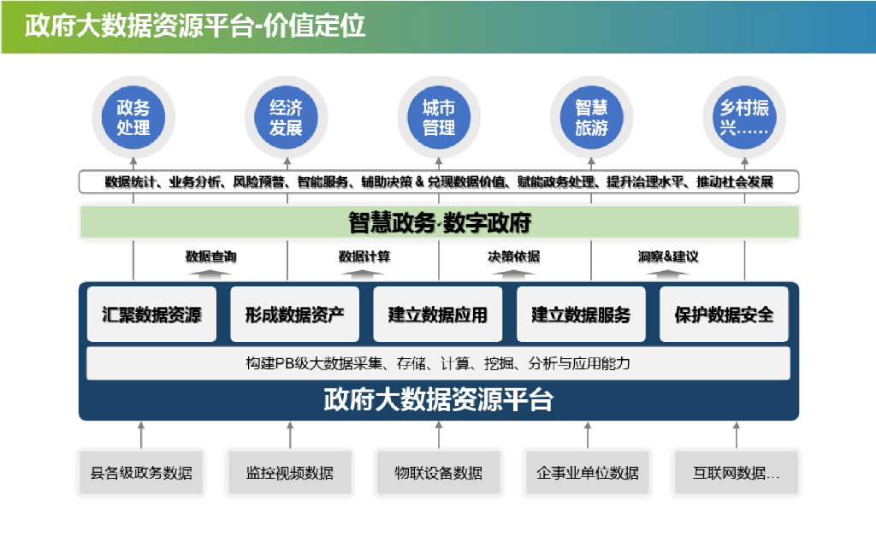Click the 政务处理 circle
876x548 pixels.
coord(133,118)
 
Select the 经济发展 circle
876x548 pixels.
coord(286,118)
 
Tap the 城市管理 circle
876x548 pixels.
coord(439,118)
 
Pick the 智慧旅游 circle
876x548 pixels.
coord(591,118)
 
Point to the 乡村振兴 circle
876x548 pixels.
coord(743,118)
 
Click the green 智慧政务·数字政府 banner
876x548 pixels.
coord(439,223)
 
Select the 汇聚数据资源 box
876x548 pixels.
coord(151,315)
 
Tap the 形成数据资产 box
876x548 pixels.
coord(294,315)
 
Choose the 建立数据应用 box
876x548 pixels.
coord(438,315)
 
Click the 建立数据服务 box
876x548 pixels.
coord(581,315)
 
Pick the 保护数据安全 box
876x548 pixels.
coord(724,315)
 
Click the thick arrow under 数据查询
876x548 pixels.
coord(210,273)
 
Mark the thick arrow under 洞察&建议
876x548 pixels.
coord(667,273)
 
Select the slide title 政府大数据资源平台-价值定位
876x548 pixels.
coord(195,27)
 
